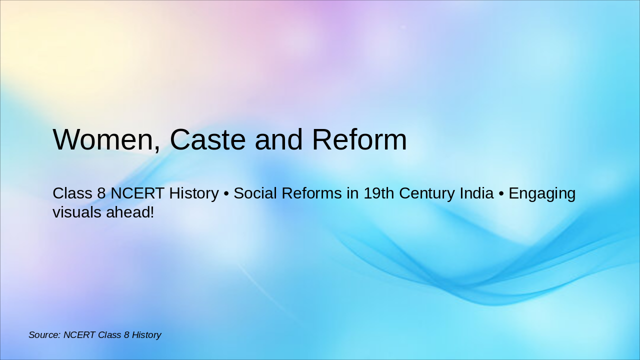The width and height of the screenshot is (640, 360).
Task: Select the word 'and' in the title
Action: [278, 139]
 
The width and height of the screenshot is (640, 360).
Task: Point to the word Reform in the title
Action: [359, 139]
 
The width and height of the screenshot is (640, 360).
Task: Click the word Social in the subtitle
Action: [254, 193]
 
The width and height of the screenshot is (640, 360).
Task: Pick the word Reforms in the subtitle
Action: [310, 193]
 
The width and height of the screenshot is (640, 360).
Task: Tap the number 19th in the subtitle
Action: [378, 193]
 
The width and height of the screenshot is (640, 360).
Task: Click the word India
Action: [478, 193]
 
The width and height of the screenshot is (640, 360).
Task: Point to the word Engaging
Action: [542, 193]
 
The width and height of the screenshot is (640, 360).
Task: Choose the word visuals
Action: [77, 212]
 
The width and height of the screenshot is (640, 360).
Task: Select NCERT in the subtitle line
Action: [133, 193]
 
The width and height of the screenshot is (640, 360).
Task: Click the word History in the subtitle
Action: [193, 193]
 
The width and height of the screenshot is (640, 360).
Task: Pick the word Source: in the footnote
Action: [44, 334]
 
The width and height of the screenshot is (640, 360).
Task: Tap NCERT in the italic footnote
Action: [80, 334]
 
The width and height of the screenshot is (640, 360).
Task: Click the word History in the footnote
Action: [146, 334]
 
